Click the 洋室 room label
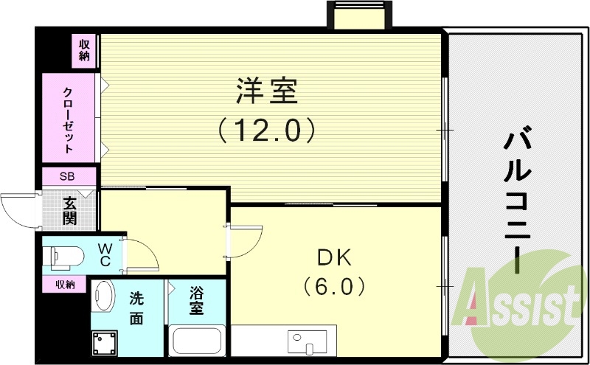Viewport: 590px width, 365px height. click(267, 93)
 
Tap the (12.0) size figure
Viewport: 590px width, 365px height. click(267, 131)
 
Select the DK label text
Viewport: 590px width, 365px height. click(336, 257)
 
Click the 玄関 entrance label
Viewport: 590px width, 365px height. click(70, 210)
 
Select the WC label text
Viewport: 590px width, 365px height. click(105, 254)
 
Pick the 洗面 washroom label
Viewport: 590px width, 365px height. click(136, 308)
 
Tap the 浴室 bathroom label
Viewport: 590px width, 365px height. click(196, 301)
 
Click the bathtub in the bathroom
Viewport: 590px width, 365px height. click(197, 342)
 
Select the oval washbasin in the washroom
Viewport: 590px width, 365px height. click(103, 296)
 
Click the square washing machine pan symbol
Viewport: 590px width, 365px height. click(105, 342)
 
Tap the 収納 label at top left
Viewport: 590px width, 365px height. click(85, 49)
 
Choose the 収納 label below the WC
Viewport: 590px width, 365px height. click(64, 284)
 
